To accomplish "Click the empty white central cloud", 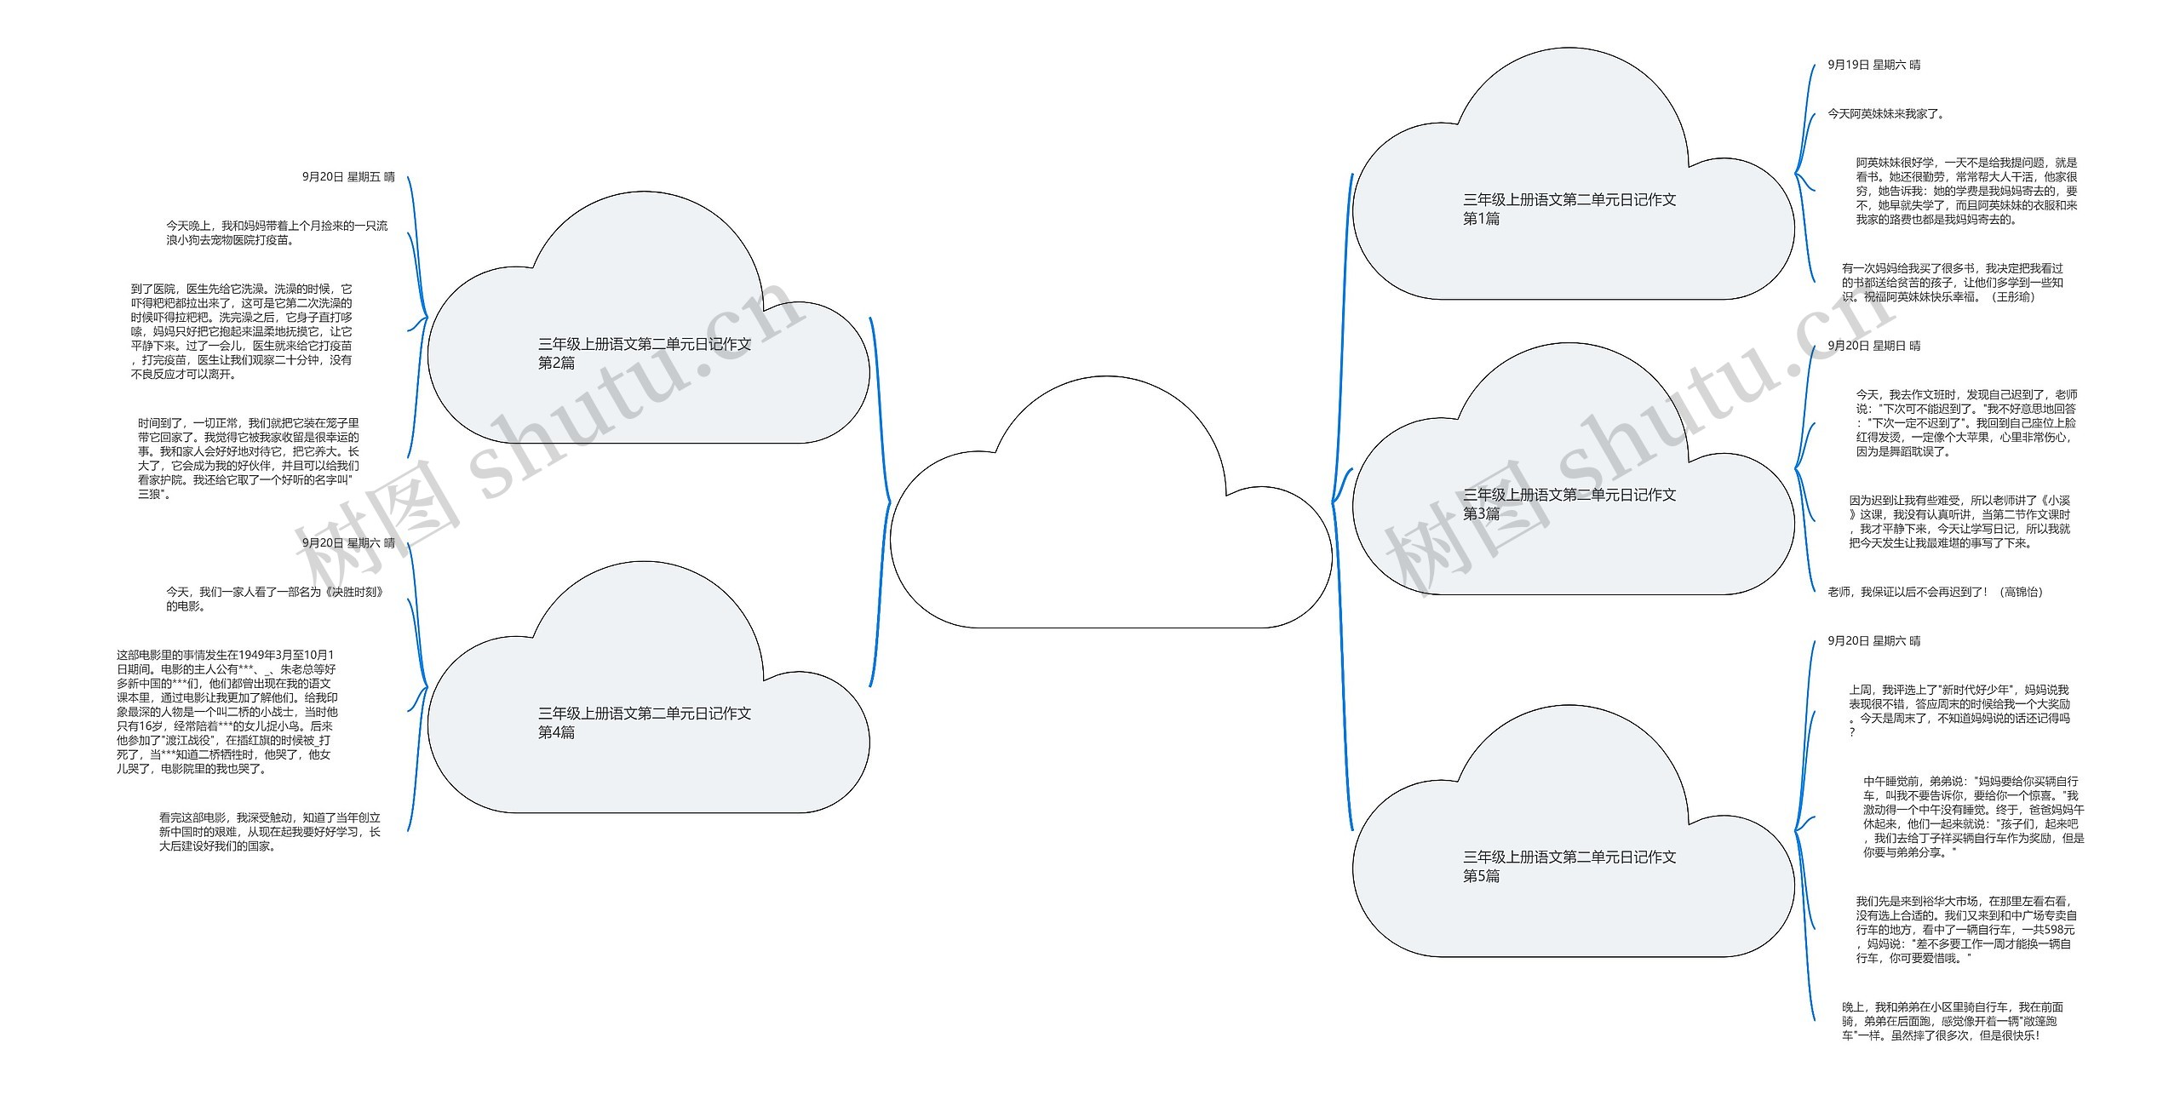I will click(x=1110, y=528).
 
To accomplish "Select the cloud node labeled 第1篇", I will click(x=1571, y=209).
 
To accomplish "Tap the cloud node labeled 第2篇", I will click(x=645, y=353).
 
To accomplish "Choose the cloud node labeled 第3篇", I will click(x=1571, y=503).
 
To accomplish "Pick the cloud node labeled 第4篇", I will click(x=645, y=722).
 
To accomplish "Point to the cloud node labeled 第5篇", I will click(x=1571, y=866).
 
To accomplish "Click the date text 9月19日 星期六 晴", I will click(x=1873, y=65).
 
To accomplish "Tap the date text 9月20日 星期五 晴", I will click(x=348, y=177).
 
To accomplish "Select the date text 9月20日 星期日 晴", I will click(x=1873, y=346).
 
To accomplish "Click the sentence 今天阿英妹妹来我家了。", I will click(x=1885, y=114).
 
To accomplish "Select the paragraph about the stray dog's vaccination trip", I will click(x=276, y=233).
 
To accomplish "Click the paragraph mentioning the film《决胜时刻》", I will click(x=274, y=599).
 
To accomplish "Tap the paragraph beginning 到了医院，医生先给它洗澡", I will click(x=241, y=332).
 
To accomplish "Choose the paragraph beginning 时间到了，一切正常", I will click(x=248, y=458).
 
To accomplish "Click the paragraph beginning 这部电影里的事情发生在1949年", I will click(x=227, y=712).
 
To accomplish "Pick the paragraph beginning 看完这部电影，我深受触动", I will click(x=269, y=832).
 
